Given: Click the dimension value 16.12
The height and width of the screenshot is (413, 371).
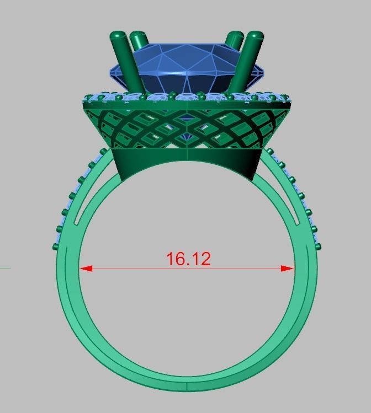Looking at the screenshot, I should [x=188, y=259].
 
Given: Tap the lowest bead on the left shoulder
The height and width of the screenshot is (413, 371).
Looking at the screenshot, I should [x=55, y=246].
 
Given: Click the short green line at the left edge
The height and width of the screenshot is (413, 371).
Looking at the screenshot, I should [x=5, y=269].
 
